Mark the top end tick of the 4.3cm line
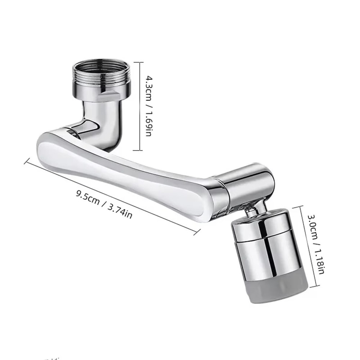click(x=139, y=62)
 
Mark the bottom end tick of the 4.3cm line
click(x=139, y=150)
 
